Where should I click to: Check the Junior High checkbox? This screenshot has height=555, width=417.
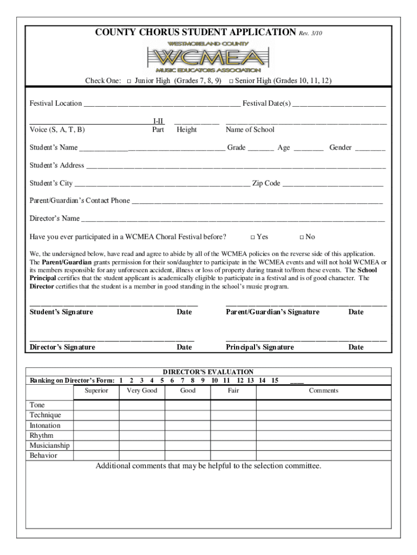click(129, 81)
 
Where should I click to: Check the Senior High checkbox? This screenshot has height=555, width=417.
click(231, 81)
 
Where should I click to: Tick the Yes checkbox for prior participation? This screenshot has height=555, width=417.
click(252, 237)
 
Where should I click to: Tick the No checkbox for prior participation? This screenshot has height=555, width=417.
click(302, 237)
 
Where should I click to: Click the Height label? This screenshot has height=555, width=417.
click(186, 130)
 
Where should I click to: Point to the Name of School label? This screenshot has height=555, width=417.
click(250, 130)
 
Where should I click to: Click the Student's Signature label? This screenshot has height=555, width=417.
click(61, 312)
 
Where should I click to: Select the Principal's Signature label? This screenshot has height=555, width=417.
click(259, 347)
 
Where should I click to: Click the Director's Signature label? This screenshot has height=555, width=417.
click(62, 347)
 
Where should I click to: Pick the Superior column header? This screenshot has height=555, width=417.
click(96, 391)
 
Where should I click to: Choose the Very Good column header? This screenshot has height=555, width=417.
click(142, 391)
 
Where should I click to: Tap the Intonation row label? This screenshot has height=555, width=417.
click(45, 426)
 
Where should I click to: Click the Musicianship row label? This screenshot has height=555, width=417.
click(49, 446)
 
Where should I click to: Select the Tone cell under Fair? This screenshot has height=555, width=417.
click(233, 405)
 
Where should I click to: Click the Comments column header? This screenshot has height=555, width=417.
click(323, 391)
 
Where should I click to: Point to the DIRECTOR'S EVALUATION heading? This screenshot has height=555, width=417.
click(208, 372)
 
